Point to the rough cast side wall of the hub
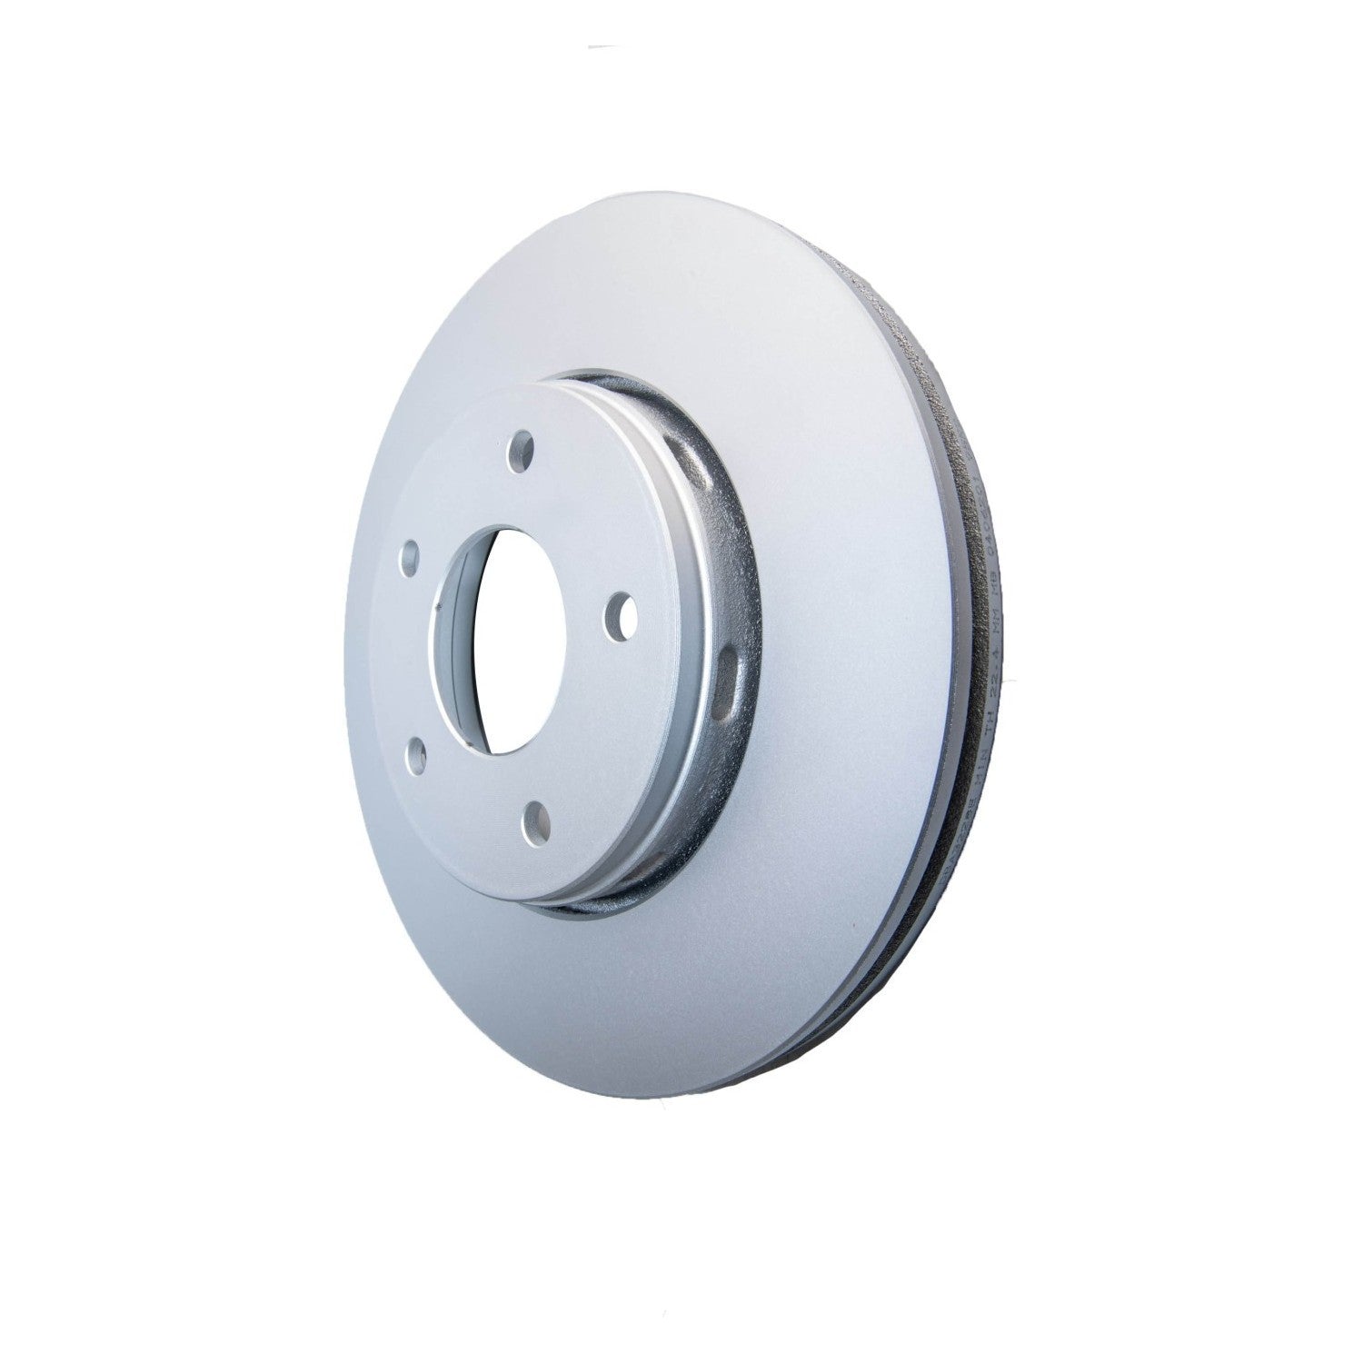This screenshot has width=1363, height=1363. (718, 582)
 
